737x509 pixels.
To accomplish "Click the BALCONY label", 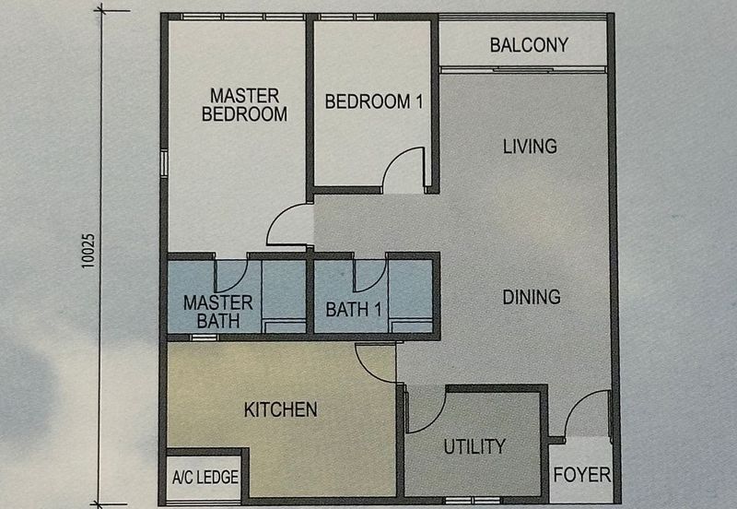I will pyautogui.click(x=528, y=44).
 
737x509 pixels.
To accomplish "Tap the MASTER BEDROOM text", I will pyautogui.click(x=244, y=104).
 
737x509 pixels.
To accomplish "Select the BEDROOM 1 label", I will pyautogui.click(x=373, y=101).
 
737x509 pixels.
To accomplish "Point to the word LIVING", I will pyautogui.click(x=530, y=146).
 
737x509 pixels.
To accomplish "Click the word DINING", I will pyautogui.click(x=532, y=297).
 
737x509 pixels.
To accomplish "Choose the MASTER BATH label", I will pyautogui.click(x=217, y=312).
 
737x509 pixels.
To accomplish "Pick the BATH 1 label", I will pyautogui.click(x=354, y=310).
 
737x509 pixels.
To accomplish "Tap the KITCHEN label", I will pyautogui.click(x=281, y=409).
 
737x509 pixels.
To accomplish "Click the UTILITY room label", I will pyautogui.click(x=474, y=446).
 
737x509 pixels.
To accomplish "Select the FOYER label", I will pyautogui.click(x=582, y=475).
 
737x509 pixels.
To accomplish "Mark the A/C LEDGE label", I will pyautogui.click(x=205, y=478).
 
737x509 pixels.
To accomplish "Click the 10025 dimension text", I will pyautogui.click(x=88, y=250).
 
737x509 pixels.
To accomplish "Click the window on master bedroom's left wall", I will pyautogui.click(x=163, y=163).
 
